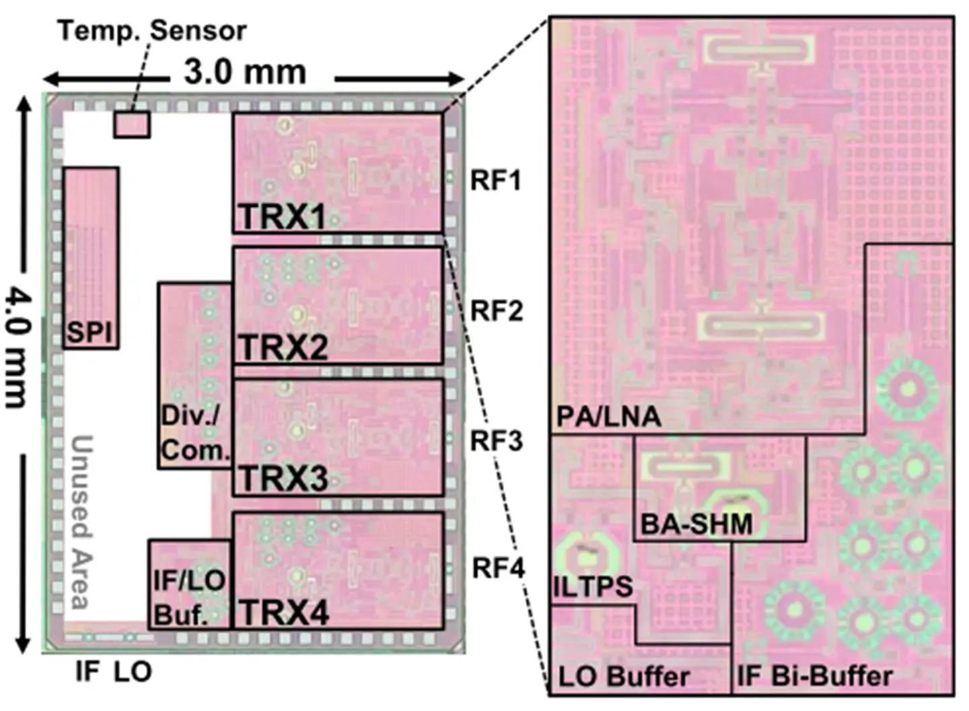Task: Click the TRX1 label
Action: pos(283,217)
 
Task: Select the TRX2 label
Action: pos(283,348)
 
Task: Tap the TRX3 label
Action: pos(283,479)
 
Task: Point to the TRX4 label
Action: pos(284,613)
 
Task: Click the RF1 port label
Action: pos(495,180)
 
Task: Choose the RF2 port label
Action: pos(496,311)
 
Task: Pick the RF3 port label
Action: pos(496,441)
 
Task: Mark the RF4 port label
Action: pos(497,568)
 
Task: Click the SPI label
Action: pos(89,333)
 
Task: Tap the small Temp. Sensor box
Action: pos(132,125)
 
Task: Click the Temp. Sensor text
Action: pos(152,31)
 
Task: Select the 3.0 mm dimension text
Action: pos(245,71)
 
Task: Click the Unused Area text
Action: pos(81,522)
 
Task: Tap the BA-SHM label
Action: pos(696,524)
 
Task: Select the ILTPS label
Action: pos(593,586)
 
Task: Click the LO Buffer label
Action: pos(624,676)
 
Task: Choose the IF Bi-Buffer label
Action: pos(815,675)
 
